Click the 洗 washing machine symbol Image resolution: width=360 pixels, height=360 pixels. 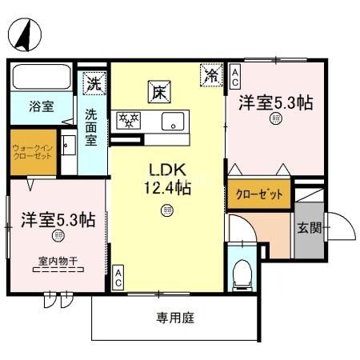point(94,82)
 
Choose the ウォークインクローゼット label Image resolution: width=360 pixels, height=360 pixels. point(32,150)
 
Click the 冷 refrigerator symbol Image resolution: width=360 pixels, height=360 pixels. point(212,76)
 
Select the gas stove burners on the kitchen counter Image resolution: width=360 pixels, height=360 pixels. point(129,121)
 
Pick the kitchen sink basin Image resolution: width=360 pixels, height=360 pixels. point(172,122)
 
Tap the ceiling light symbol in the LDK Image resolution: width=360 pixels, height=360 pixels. point(166,210)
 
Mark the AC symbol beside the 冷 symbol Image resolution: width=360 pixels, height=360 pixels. point(235,77)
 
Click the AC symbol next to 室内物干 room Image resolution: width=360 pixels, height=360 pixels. point(118,278)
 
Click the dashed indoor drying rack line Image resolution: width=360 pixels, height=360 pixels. point(58,270)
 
